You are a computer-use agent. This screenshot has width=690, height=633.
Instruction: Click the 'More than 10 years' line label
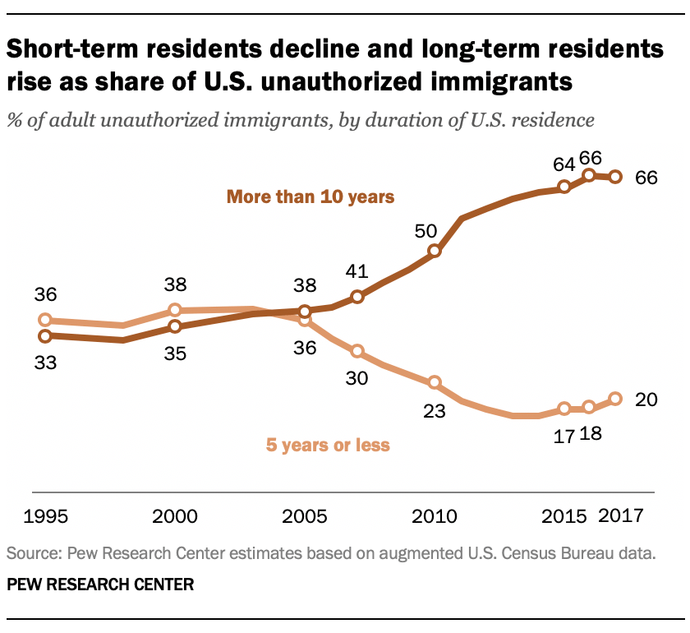point(311,197)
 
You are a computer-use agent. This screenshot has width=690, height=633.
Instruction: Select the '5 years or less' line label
point(327,446)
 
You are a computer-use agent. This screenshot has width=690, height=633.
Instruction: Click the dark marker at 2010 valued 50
point(435,252)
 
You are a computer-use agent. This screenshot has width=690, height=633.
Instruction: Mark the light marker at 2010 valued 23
point(435,382)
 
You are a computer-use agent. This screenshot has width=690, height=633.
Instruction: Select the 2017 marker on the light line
point(615,399)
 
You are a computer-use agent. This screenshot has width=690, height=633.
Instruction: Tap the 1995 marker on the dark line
point(45,335)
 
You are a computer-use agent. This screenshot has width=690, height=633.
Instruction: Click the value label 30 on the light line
point(356,378)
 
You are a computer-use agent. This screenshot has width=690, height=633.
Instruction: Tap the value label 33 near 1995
point(45,362)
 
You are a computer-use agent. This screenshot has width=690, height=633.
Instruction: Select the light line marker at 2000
point(175,310)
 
